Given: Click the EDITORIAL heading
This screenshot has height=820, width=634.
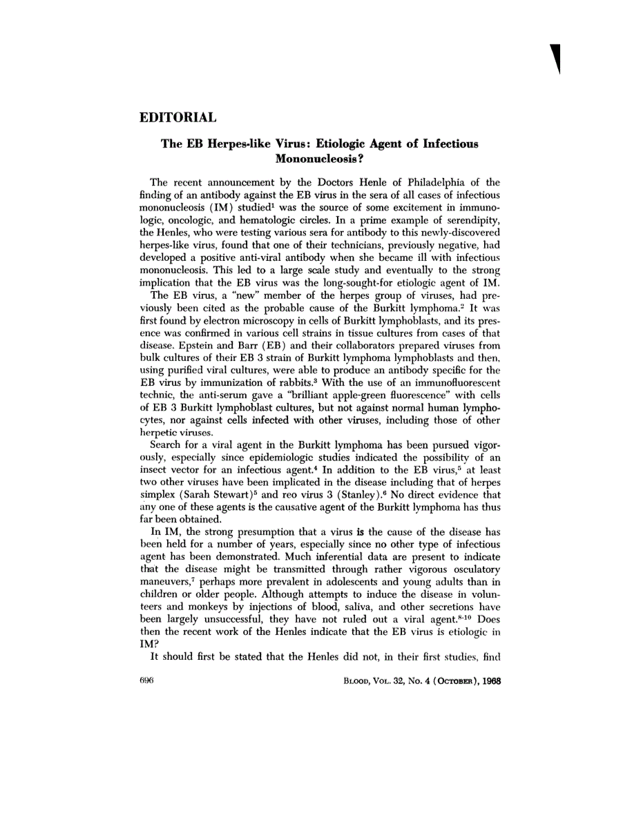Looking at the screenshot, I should pos(178,117).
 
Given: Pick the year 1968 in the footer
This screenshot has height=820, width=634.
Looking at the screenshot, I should pos(487,679).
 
